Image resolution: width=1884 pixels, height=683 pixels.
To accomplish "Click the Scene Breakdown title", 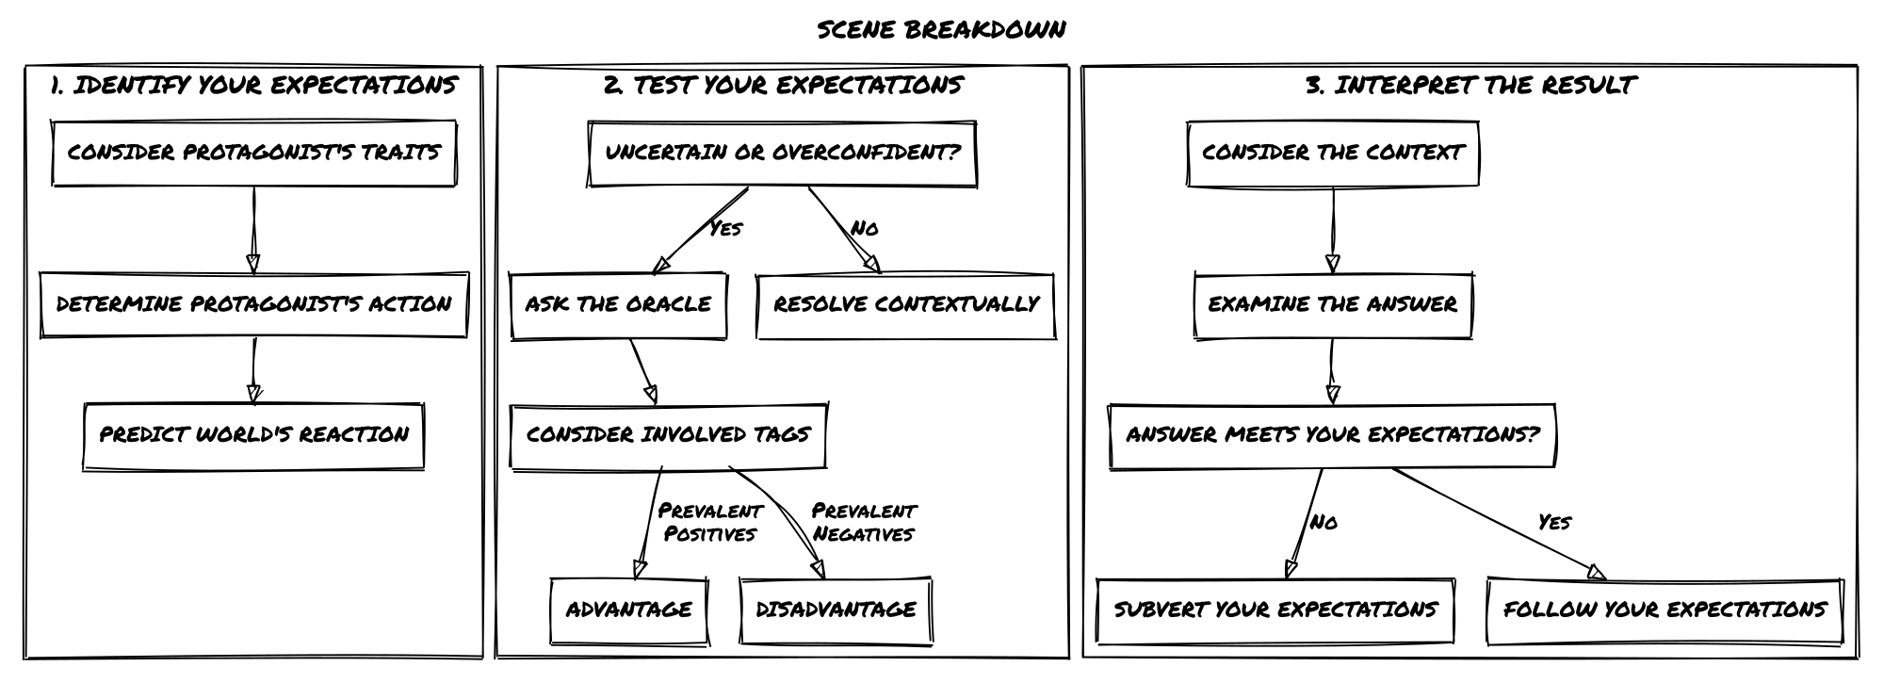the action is [941, 29].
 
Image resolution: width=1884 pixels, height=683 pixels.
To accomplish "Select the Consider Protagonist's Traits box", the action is [254, 153].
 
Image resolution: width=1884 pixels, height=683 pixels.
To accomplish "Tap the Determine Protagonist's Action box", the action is [254, 304].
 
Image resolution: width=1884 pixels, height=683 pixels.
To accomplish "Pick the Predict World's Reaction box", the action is [254, 435].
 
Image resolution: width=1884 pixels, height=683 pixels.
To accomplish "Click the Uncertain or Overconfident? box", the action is [783, 153].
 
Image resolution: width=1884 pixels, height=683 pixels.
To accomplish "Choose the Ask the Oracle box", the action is [619, 305].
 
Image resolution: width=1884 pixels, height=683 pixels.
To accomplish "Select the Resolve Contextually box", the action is [906, 305].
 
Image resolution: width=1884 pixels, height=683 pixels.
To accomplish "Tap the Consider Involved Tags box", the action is [669, 435].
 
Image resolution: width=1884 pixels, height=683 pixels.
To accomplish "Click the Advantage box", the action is [629, 610].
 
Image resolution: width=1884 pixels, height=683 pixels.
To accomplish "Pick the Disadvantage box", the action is [836, 610].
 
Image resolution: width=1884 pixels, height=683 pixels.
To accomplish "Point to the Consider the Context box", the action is [1333, 153].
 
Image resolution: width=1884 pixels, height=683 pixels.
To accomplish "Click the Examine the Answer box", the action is [1333, 305].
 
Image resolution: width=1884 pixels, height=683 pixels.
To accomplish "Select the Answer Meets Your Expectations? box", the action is [1333, 435].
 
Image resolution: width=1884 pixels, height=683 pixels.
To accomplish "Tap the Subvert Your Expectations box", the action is [1275, 610].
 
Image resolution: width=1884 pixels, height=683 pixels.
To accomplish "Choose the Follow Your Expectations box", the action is [1665, 610].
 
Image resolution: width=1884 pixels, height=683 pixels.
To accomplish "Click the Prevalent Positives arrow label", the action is [710, 523].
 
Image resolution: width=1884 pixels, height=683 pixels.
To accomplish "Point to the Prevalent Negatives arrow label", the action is [864, 523].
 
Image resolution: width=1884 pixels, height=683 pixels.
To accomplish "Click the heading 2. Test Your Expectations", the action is [783, 86].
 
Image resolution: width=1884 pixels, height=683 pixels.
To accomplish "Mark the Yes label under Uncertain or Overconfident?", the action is [725, 229].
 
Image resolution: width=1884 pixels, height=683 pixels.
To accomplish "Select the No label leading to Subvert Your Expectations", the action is [1324, 523].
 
